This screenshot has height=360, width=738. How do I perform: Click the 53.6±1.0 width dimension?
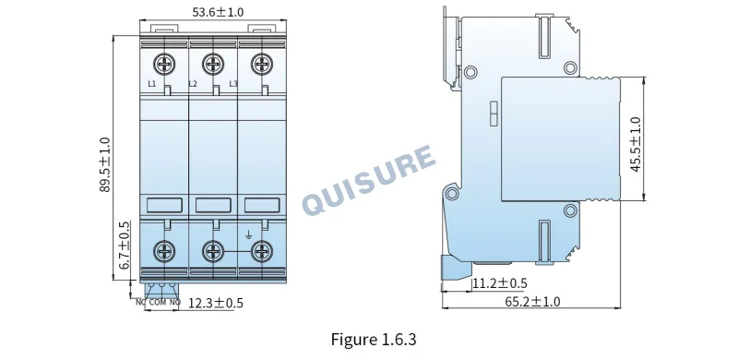(218, 12)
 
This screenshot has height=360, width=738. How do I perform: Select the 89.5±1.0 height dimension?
(104, 164)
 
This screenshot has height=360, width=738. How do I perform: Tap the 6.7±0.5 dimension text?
(125, 245)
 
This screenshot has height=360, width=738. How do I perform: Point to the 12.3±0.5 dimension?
(216, 303)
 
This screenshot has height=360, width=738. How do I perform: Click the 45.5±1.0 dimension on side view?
(636, 144)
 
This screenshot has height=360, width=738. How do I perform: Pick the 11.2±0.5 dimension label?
(500, 283)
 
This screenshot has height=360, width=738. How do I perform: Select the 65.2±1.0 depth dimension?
(533, 302)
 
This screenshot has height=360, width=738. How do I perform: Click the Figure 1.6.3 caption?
(374, 340)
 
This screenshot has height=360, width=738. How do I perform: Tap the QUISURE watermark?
(368, 180)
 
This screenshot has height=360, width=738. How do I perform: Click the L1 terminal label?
(151, 84)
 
